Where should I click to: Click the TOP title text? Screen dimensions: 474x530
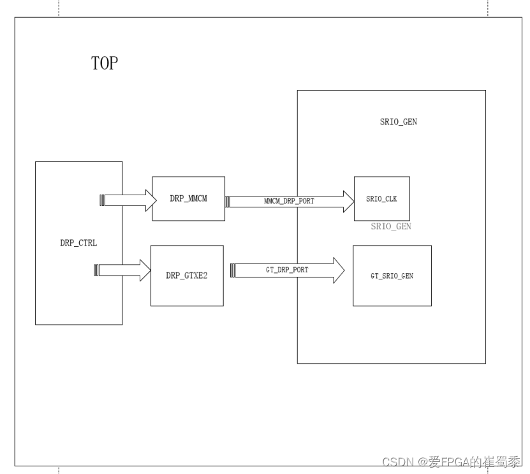(105, 64)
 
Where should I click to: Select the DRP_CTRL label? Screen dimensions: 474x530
(78, 243)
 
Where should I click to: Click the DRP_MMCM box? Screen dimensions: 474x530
(188, 198)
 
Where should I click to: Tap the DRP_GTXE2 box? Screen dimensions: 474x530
(187, 276)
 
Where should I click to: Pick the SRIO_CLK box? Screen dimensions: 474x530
(381, 198)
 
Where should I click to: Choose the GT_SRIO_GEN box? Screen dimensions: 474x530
(392, 276)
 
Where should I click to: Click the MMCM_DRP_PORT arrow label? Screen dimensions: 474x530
(289, 201)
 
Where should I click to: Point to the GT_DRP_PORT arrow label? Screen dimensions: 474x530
(287, 270)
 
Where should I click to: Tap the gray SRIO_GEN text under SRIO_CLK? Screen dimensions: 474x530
(391, 226)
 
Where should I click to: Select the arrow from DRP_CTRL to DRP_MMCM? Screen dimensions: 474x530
(128, 200)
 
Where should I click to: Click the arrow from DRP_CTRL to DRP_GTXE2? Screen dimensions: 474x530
(125, 270)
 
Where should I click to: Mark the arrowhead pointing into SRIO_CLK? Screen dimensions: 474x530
(348, 201)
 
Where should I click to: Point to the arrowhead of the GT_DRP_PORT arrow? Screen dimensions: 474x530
(339, 270)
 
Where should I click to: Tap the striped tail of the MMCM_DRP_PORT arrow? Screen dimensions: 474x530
(228, 201)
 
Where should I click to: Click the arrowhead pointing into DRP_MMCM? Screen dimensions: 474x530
(150, 200)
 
